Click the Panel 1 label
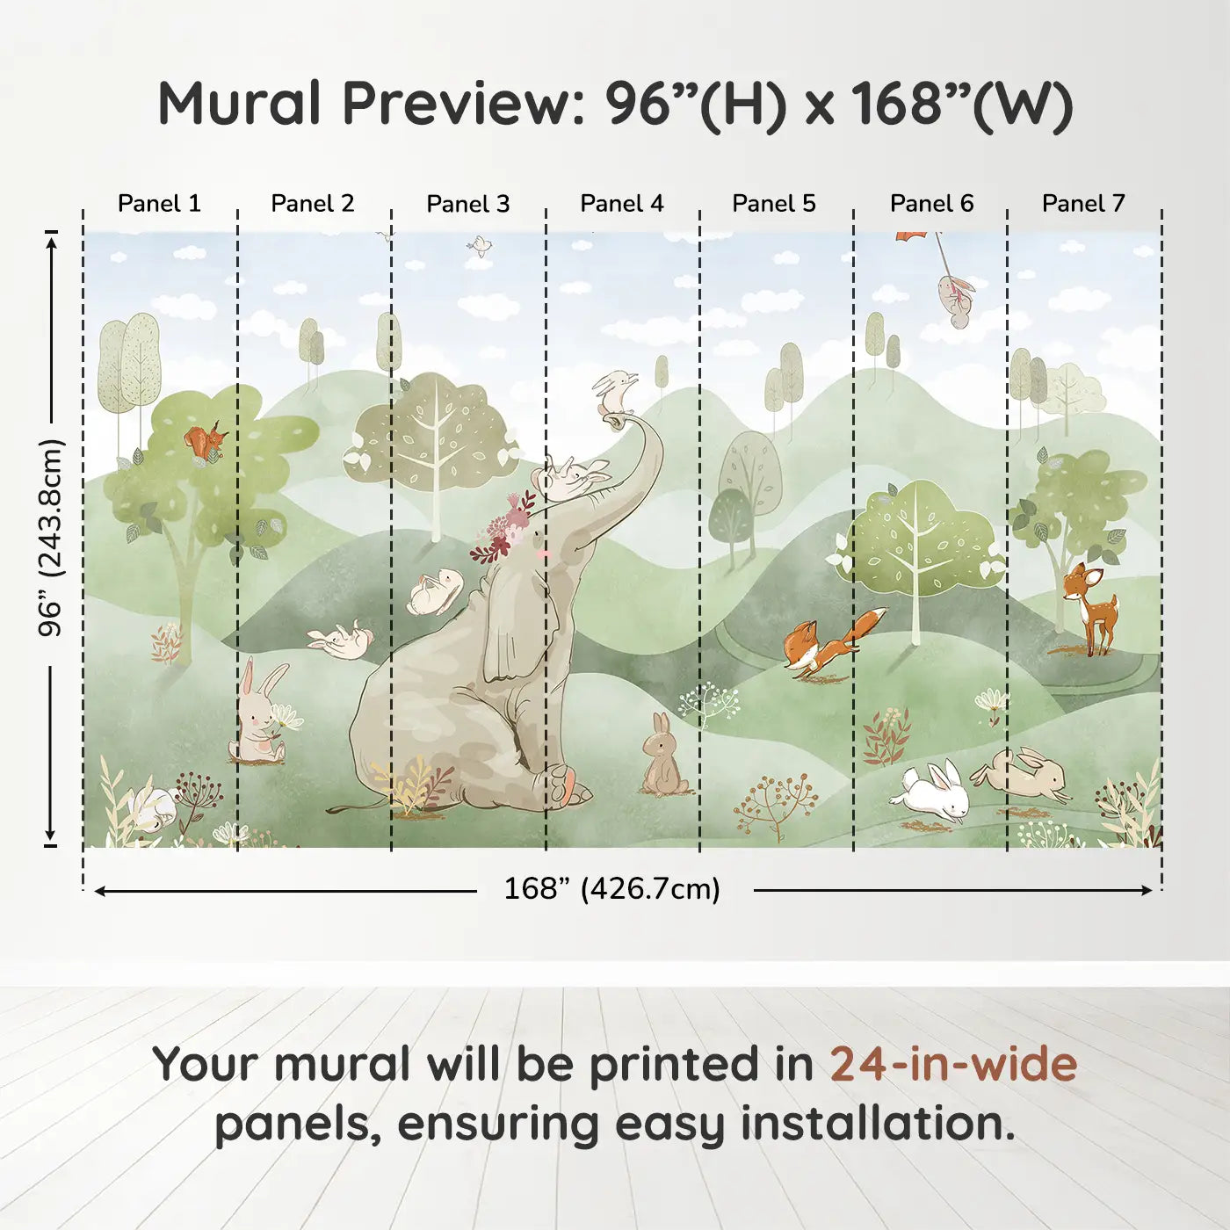click(x=159, y=204)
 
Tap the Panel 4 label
click(x=622, y=204)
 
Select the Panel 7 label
click(x=1083, y=204)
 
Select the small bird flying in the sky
click(x=480, y=246)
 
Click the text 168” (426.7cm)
click(x=612, y=888)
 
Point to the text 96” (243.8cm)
click(x=50, y=538)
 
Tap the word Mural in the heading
click(x=239, y=103)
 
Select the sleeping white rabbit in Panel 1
click(x=153, y=808)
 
